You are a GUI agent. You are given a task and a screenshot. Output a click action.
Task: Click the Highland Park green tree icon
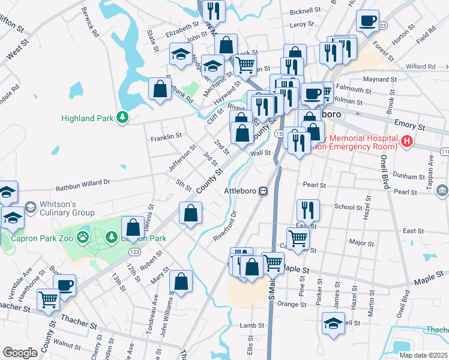click(122, 117)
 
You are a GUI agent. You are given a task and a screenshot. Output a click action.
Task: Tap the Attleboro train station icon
click(263, 191)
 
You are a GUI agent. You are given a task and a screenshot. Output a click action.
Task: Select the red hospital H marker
click(407, 142)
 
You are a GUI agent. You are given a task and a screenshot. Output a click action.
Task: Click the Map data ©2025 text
click(424, 355)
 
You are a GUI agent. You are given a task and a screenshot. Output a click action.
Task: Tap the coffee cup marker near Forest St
click(367, 21)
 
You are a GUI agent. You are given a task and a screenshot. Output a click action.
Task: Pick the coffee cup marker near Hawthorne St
click(65, 284)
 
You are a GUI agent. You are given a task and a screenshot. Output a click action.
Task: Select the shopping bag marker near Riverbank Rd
click(160, 89)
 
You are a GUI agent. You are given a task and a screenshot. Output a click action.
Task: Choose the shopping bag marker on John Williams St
click(181, 281)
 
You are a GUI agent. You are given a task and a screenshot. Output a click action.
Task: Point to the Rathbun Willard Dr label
click(83, 182)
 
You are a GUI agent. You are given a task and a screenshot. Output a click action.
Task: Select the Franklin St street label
click(166, 137)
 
